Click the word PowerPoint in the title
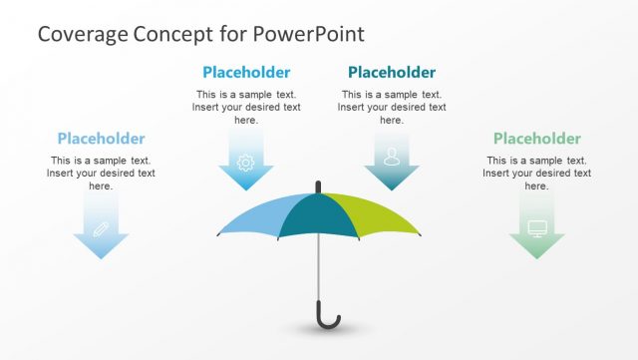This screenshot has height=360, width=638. point(309,34)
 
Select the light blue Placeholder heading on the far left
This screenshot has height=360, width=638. point(101,139)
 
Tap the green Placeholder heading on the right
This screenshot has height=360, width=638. point(536,139)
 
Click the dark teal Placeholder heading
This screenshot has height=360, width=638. point(391,72)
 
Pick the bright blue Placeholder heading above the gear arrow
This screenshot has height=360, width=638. point(246,72)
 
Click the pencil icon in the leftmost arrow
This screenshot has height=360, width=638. point(101,227)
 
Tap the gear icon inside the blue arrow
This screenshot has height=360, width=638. point(246,161)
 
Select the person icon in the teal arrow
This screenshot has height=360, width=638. point(391,158)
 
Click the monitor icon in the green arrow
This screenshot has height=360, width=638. point(536,227)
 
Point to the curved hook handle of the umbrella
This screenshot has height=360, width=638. point(329,320)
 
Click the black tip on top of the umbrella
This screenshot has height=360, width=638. point(318,185)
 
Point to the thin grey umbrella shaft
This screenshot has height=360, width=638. point(318,269)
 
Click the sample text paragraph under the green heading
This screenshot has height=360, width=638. point(536,173)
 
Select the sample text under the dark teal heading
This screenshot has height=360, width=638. point(391,107)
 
